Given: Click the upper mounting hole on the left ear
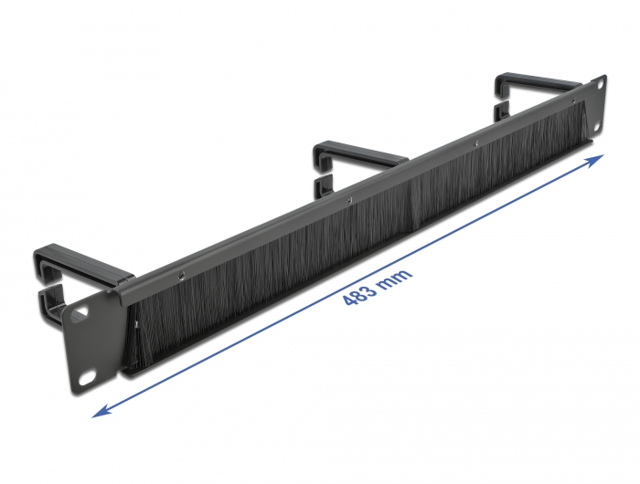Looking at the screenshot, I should click(80, 310).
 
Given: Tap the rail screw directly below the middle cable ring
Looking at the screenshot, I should click(348, 196).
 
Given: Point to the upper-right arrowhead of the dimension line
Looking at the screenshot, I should click(596, 160).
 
